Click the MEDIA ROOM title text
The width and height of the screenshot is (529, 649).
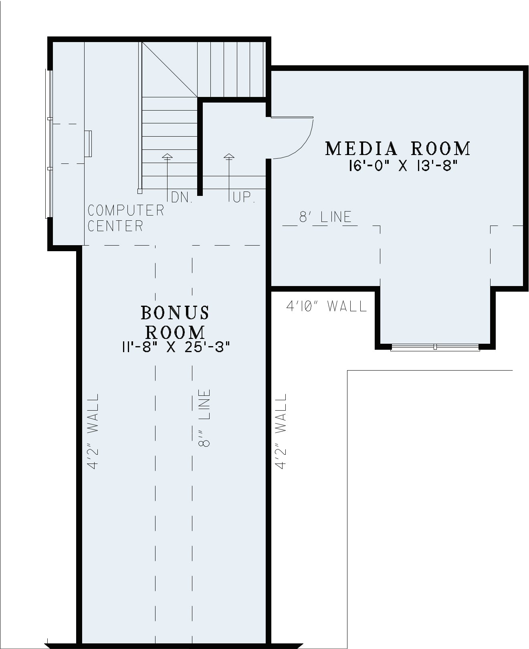(x=398, y=149)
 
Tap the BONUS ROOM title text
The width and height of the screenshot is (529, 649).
(x=175, y=322)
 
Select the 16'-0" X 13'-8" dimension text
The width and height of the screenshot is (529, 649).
(x=403, y=166)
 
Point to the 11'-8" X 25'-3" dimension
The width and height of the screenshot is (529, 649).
(x=176, y=347)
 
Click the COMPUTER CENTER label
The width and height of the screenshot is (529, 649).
(x=126, y=218)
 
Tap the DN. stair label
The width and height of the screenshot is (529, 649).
(x=182, y=198)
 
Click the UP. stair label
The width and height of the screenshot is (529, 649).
(x=244, y=197)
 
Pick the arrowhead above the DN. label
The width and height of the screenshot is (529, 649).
(x=167, y=156)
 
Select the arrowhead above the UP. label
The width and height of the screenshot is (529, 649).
(x=229, y=156)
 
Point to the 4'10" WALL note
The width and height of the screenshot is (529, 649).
(x=326, y=306)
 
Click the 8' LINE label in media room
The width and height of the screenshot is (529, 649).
(x=325, y=217)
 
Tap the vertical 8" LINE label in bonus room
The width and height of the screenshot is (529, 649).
(x=204, y=418)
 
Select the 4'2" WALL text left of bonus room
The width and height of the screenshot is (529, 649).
(x=93, y=431)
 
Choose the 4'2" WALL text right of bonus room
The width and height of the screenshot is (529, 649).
(x=281, y=431)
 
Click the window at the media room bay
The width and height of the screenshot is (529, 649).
(x=435, y=347)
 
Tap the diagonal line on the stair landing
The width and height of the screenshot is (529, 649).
(x=170, y=69)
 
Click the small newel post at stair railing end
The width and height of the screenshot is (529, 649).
(x=139, y=191)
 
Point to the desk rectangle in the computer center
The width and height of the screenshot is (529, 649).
(x=88, y=144)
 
